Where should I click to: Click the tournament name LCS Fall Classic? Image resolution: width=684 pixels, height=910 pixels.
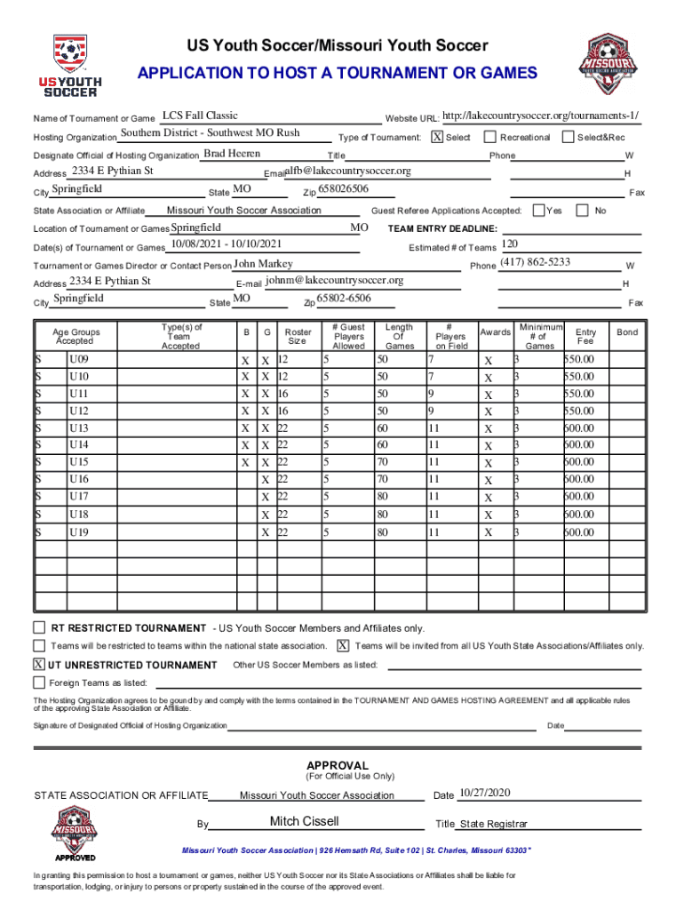pos(200,116)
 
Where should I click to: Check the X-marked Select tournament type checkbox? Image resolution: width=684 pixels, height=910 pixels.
pos(437,137)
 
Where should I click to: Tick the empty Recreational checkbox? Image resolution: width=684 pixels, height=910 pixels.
pos(489,137)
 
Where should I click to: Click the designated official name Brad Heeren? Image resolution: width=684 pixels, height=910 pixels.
pos(232,154)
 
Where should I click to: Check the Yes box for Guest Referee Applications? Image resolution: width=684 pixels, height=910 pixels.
pos(538,210)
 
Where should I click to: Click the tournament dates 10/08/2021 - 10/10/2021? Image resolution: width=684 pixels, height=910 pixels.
pos(227,244)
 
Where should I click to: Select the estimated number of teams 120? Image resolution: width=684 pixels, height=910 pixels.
pos(510,244)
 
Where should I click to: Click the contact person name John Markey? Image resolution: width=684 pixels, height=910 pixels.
pos(263,264)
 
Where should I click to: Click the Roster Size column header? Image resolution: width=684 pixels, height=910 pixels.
pos(297,335)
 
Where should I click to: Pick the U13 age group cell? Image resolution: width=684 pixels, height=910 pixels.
pos(79,428)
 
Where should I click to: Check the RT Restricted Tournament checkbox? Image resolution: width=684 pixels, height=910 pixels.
pos(39,627)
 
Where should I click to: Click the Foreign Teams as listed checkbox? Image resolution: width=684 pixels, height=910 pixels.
pos(39,682)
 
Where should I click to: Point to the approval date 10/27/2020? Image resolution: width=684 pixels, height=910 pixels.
pos(486,793)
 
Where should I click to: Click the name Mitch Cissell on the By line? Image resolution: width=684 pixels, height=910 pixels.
pos(305,821)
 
